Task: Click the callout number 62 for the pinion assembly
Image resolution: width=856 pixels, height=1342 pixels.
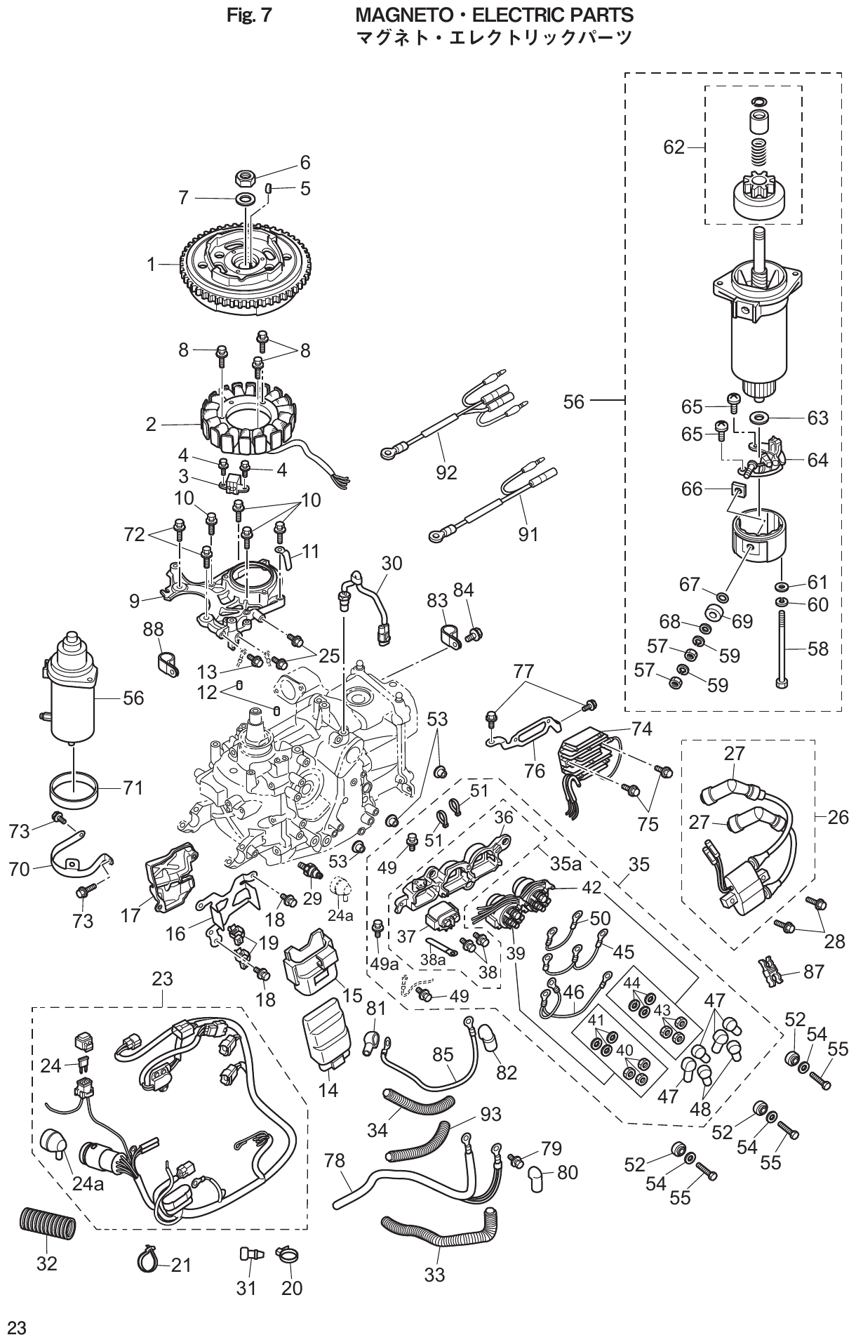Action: pyautogui.click(x=674, y=147)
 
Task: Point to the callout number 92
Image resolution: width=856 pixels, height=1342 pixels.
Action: pyautogui.click(x=446, y=473)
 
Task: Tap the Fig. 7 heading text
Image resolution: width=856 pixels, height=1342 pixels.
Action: pyautogui.click(x=249, y=15)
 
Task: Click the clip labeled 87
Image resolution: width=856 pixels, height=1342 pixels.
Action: pyautogui.click(x=769, y=971)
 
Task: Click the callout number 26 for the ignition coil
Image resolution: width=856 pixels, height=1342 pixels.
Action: pyautogui.click(x=838, y=816)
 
